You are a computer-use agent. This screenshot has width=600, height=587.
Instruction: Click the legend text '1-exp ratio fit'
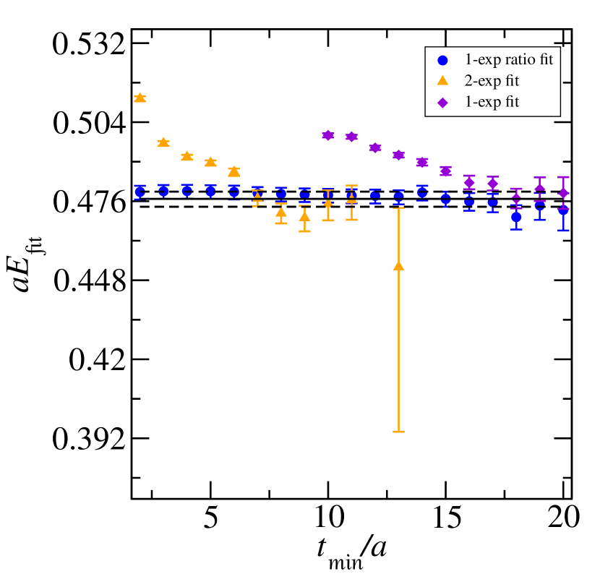click(x=508, y=60)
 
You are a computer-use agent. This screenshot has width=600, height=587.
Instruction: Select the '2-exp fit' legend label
click(x=492, y=81)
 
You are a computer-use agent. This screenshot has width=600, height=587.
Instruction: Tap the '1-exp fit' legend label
click(x=492, y=102)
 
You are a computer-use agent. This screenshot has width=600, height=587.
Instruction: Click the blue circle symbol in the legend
click(x=442, y=61)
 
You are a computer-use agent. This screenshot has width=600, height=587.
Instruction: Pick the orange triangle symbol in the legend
click(x=442, y=81)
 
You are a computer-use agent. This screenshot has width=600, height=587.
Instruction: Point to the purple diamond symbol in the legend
click(x=442, y=103)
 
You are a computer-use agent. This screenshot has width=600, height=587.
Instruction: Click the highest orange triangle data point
click(x=140, y=98)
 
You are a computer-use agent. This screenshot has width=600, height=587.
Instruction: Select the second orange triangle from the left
click(x=163, y=142)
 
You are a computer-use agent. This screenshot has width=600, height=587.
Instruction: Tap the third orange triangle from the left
click(x=187, y=156)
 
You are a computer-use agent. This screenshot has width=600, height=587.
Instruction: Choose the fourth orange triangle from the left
click(x=210, y=162)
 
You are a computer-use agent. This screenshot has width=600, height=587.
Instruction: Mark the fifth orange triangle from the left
click(x=233, y=171)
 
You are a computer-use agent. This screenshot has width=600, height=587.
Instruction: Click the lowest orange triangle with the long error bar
click(x=398, y=266)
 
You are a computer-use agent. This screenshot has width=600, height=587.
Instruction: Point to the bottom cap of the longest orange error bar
click(x=398, y=432)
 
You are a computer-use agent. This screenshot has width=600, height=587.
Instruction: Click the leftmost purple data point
click(x=328, y=135)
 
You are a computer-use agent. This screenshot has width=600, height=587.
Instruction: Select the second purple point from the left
click(x=351, y=137)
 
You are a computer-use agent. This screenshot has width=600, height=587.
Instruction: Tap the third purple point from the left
click(x=375, y=147)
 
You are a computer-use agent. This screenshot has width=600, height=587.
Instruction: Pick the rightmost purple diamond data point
click(x=563, y=193)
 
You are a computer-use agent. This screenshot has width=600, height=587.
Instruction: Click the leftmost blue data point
click(x=140, y=192)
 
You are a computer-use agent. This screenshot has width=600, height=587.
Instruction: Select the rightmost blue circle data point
click(x=563, y=211)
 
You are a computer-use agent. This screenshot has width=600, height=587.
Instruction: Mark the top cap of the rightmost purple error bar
click(x=563, y=177)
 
